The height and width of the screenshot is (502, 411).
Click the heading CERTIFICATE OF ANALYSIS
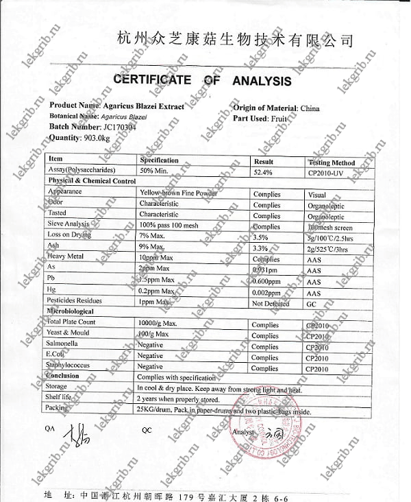pyautogui.click(x=201, y=81)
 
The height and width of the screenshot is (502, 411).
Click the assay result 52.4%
pyautogui.click(x=263, y=172)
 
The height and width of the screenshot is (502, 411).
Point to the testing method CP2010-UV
pyautogui.click(x=331, y=173)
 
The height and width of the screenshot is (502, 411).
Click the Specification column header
pyautogui.click(x=159, y=160)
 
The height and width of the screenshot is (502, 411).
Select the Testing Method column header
pyautogui.click(x=332, y=162)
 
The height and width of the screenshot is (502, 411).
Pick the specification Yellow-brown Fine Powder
pyautogui.click(x=177, y=193)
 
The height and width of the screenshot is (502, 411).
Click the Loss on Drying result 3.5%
pyautogui.click(x=260, y=237)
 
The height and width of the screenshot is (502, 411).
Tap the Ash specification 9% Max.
pyautogui.click(x=152, y=246)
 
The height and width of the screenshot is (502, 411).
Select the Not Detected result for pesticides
pyautogui.click(x=271, y=302)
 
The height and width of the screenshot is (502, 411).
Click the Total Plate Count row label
pyautogui.click(x=71, y=322)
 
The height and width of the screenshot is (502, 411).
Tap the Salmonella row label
pyautogui.click(x=64, y=344)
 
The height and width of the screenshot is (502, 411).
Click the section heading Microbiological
pyautogui.click(x=70, y=311)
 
